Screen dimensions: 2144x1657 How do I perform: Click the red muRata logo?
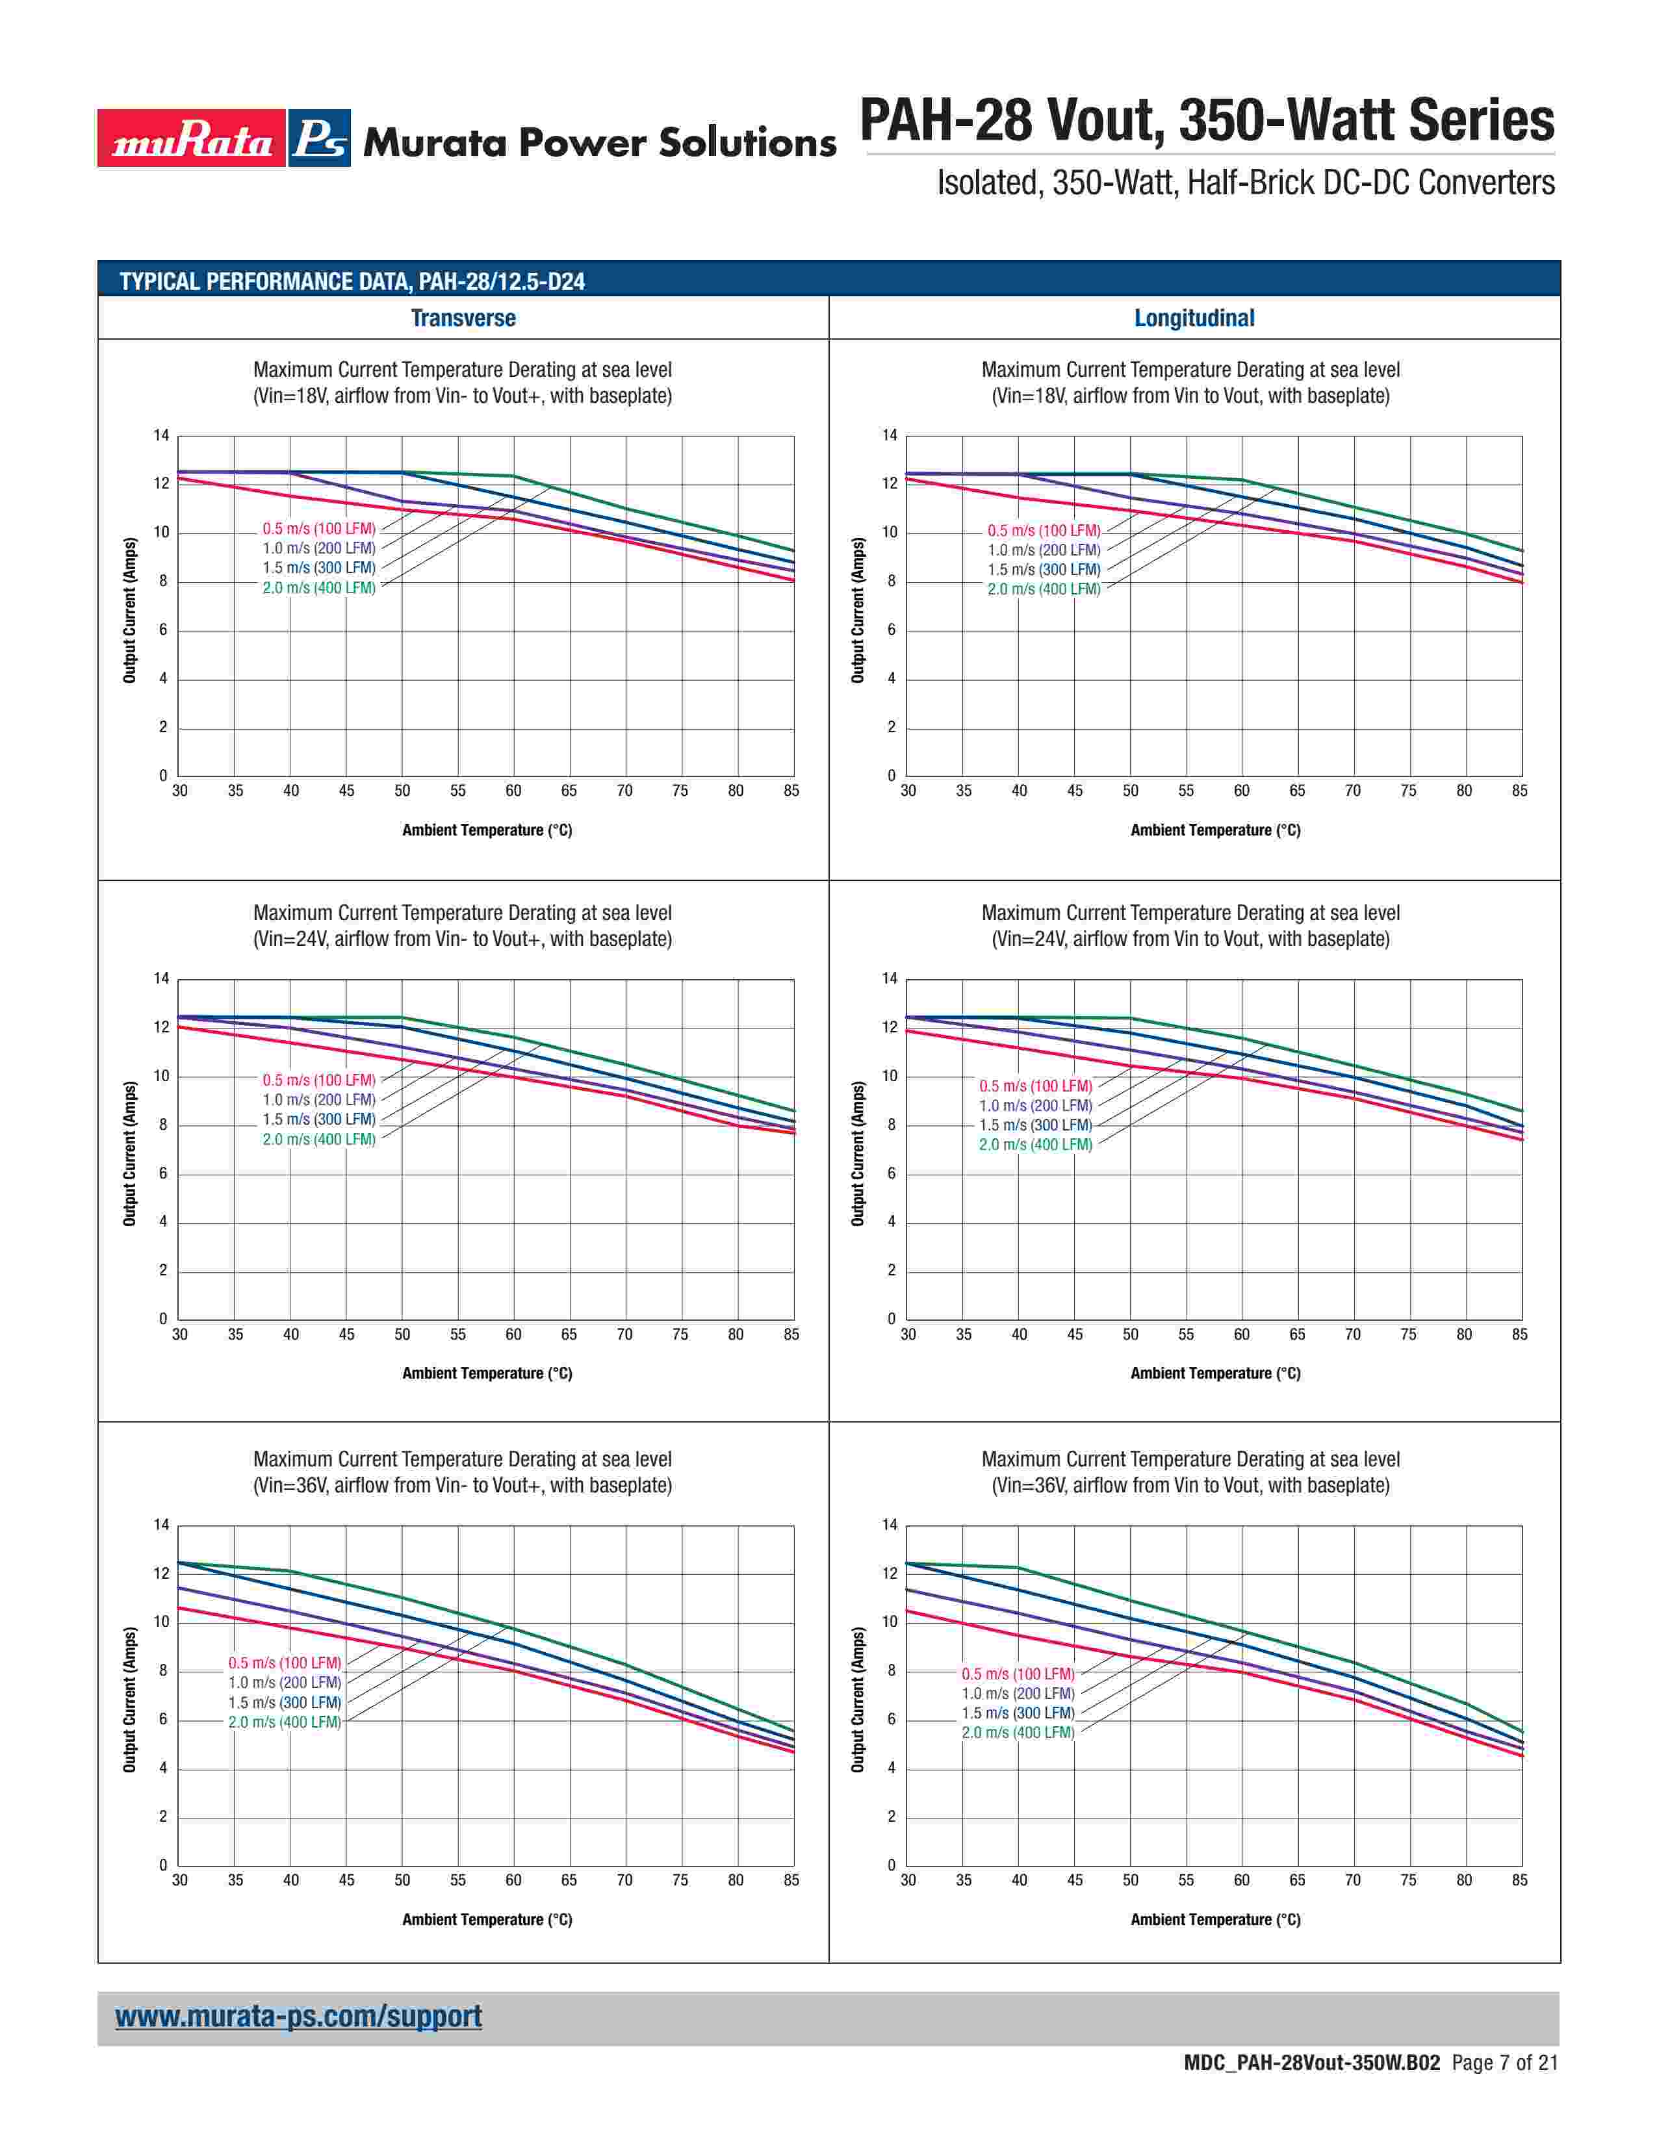click(192, 138)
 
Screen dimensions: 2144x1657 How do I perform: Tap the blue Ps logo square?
click(320, 138)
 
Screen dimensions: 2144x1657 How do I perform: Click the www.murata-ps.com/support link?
click(298, 2017)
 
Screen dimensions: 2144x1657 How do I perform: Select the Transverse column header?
click(463, 318)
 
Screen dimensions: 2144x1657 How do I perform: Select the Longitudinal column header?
click(1194, 318)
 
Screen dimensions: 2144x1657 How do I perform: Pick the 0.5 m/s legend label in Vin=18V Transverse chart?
click(319, 529)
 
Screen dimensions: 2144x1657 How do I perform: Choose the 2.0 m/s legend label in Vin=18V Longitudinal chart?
click(1044, 589)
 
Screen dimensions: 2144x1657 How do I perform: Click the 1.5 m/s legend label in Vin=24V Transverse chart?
click(319, 1119)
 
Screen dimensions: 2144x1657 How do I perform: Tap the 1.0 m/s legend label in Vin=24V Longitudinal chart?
click(1036, 1105)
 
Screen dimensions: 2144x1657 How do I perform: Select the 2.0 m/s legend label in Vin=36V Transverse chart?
click(285, 1722)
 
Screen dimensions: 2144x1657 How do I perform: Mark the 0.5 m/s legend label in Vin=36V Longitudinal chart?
click(1018, 1674)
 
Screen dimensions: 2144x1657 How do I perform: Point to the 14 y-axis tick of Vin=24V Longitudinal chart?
click(890, 978)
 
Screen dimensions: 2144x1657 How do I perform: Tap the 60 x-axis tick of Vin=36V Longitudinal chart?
click(1242, 1880)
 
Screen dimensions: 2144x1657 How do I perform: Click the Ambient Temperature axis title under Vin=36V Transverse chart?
click(487, 1919)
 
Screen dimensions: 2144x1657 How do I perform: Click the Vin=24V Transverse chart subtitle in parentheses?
click(463, 939)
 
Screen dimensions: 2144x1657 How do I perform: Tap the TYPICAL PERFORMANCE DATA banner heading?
click(352, 282)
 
